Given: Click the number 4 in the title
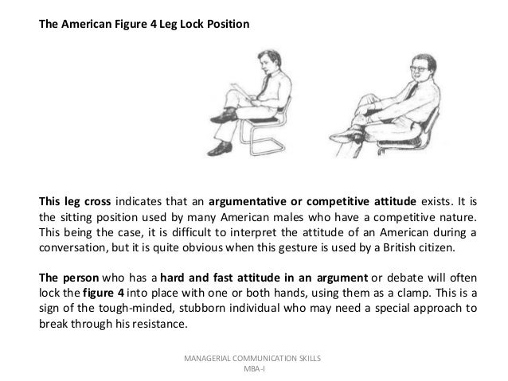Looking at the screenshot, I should pyautogui.click(x=156, y=24).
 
